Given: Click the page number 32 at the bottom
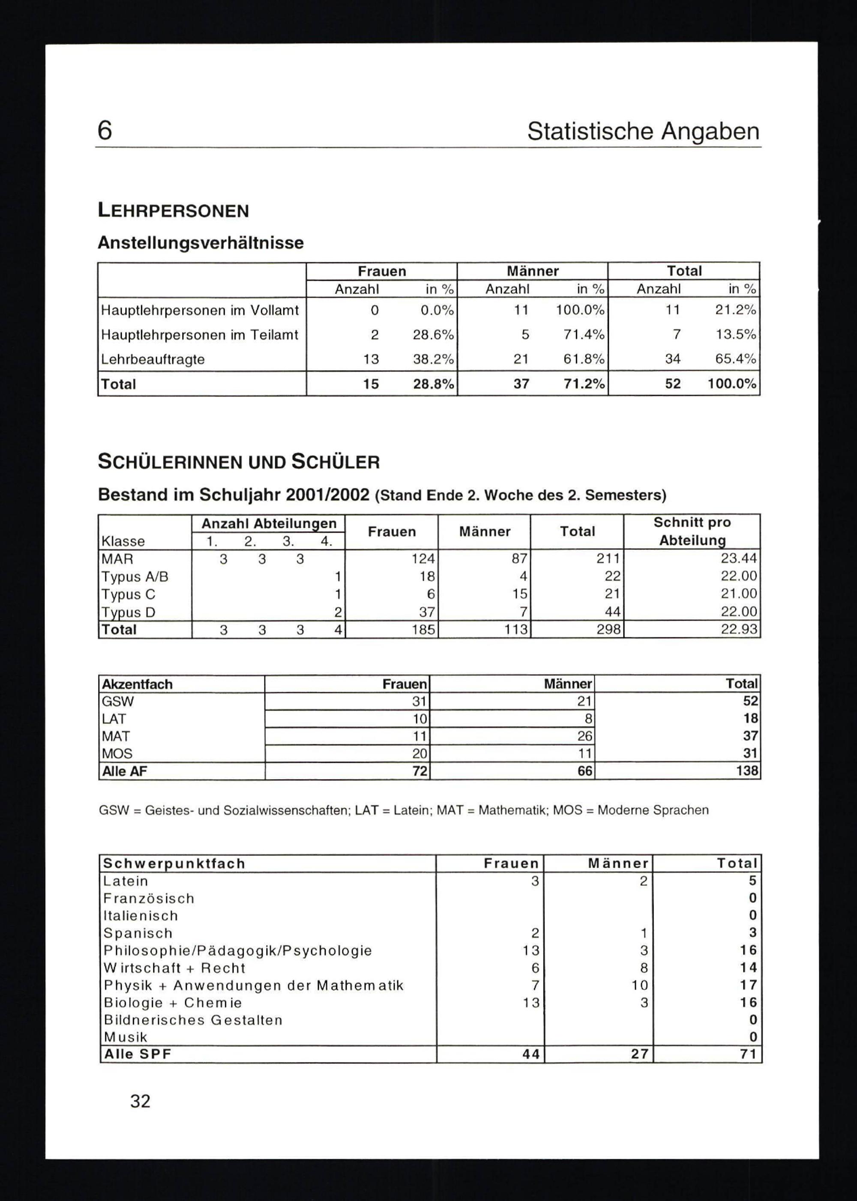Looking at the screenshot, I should click(x=141, y=1101).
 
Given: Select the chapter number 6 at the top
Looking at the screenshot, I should click(x=105, y=130).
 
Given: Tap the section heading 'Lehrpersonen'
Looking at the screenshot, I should click(x=173, y=211).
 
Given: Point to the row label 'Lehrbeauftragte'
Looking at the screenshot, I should click(x=153, y=359).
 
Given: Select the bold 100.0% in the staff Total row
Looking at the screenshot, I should click(x=731, y=383).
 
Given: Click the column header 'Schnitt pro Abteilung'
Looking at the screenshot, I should click(x=692, y=531).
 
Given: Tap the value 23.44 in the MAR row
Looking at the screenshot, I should click(x=739, y=558).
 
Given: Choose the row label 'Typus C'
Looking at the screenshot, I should click(x=128, y=595).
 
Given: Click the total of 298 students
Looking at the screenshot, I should click(x=608, y=629).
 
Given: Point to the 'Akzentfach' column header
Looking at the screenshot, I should click(x=137, y=684).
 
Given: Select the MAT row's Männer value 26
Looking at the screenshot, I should click(x=585, y=736).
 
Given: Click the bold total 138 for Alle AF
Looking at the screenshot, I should click(x=747, y=771).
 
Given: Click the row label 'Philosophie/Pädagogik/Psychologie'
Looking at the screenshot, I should click(x=237, y=950).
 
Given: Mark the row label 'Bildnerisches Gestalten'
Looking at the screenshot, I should click(x=193, y=1020).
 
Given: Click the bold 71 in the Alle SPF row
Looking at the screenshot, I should click(x=748, y=1055).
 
